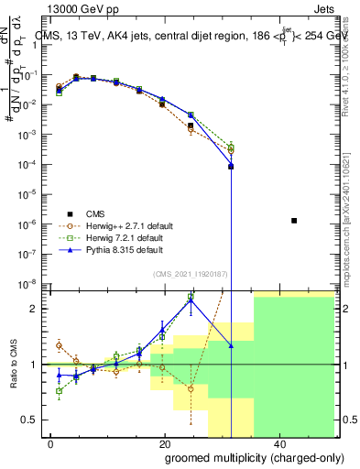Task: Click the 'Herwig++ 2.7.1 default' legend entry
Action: [x=107, y=225]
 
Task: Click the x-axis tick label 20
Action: [x=165, y=443]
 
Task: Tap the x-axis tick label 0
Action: [x=49, y=443]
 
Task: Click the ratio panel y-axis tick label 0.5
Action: [x=30, y=420]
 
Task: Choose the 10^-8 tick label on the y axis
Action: [x=29, y=283]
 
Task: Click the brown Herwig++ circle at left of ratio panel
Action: [x=59, y=345]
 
